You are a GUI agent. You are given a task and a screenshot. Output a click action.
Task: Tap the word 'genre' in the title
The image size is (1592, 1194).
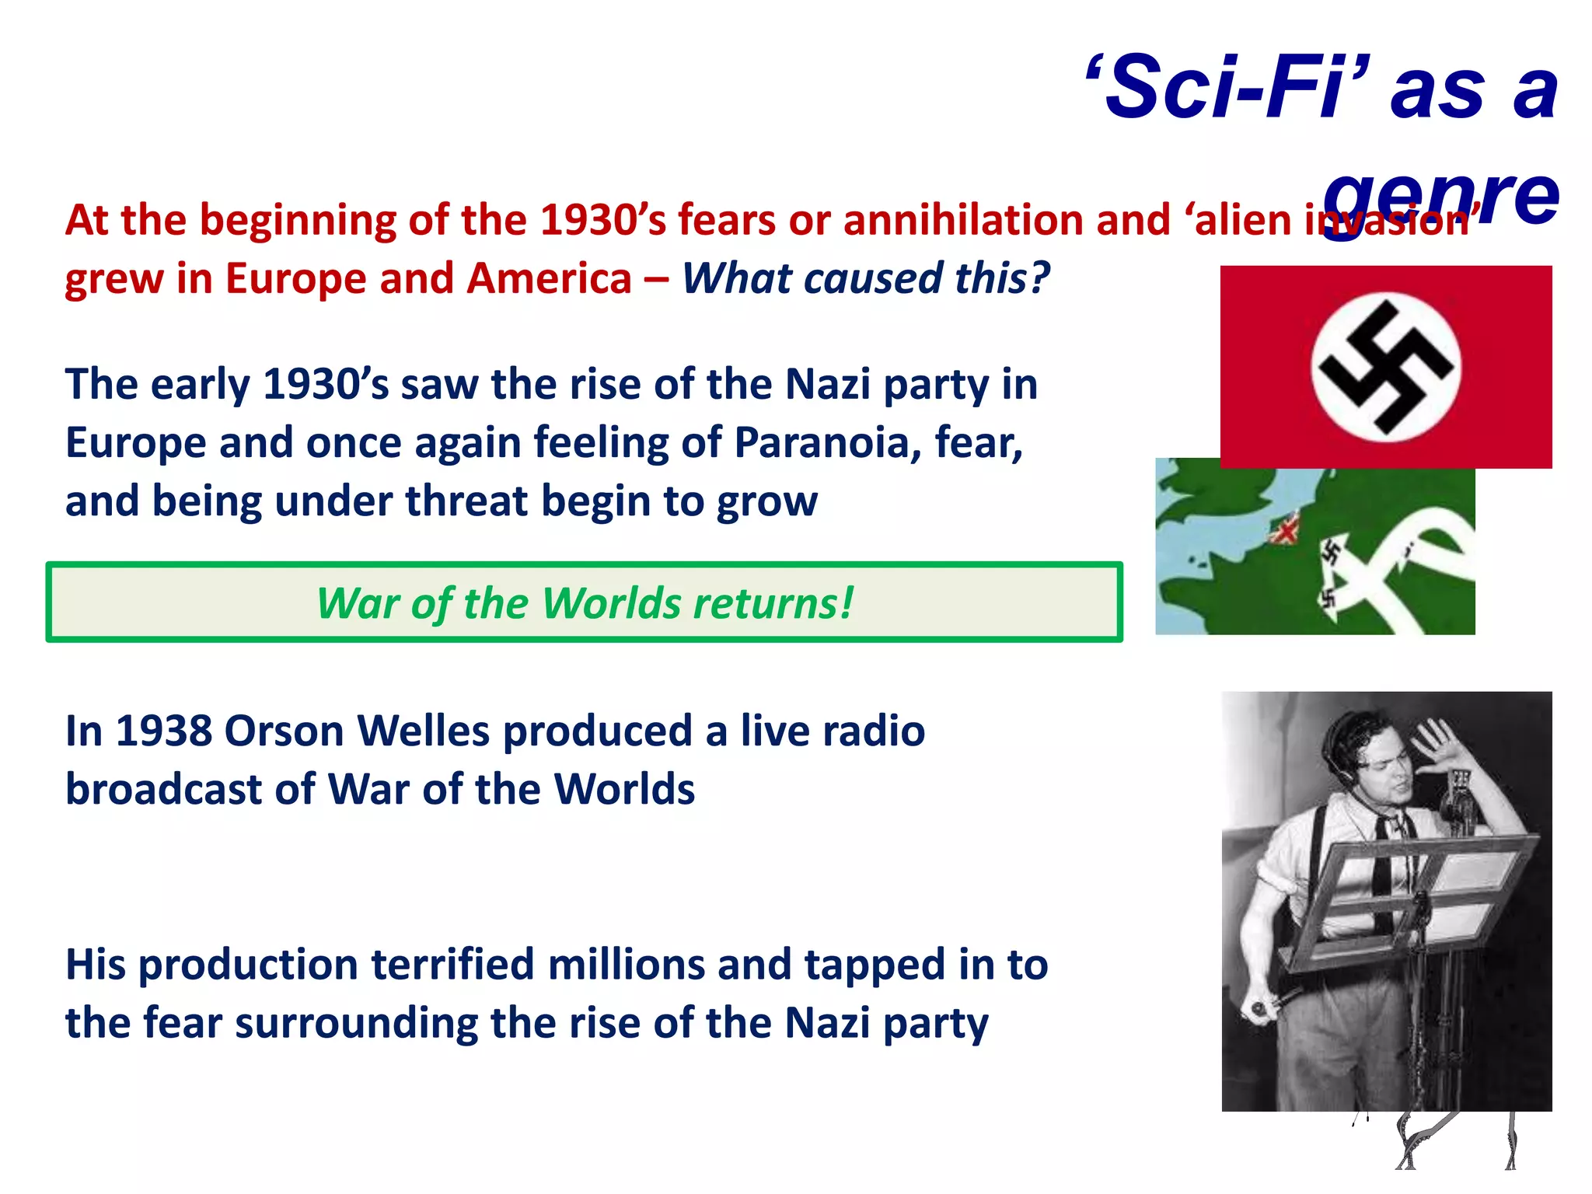1442,198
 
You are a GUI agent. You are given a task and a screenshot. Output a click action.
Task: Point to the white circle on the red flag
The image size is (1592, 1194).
1386,367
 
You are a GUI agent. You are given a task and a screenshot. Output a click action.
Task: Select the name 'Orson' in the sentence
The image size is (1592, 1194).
284,731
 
